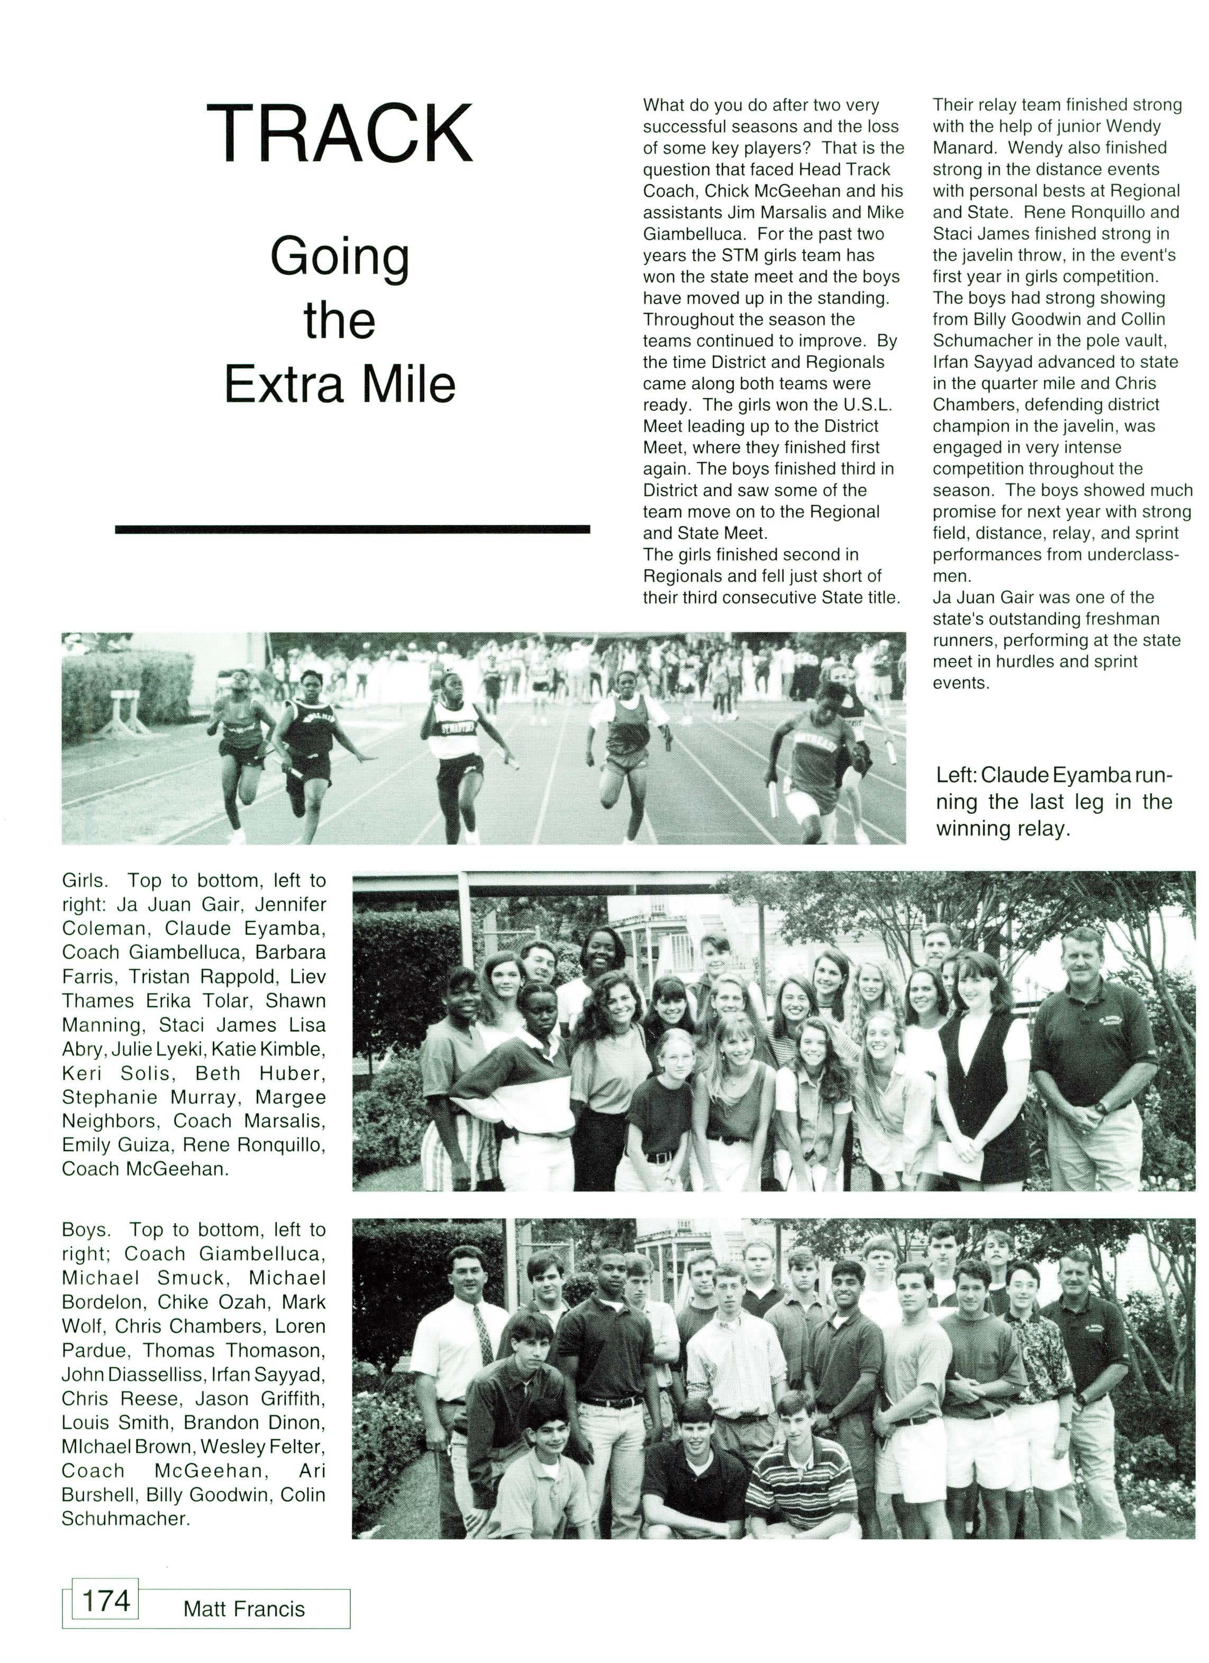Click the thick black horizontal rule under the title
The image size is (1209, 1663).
point(352,529)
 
